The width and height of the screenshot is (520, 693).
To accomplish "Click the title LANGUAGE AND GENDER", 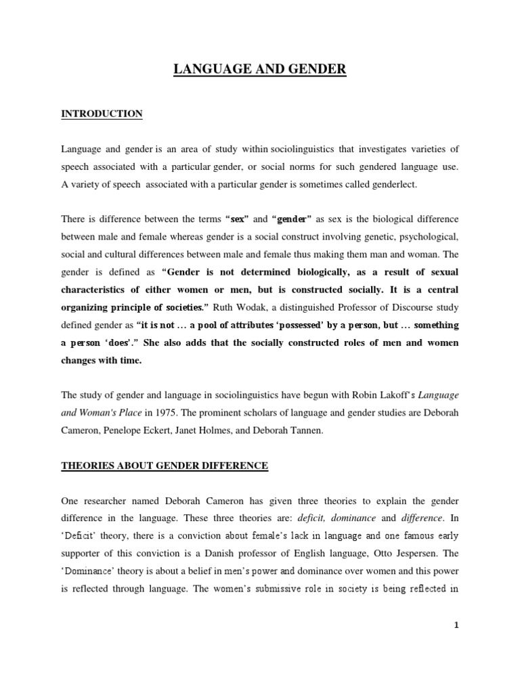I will pyautogui.click(x=260, y=69).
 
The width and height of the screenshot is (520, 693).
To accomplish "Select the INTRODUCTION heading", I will pyautogui.click(x=102, y=114).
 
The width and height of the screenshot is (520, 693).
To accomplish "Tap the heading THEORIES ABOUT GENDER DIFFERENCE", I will pyautogui.click(x=165, y=465).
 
